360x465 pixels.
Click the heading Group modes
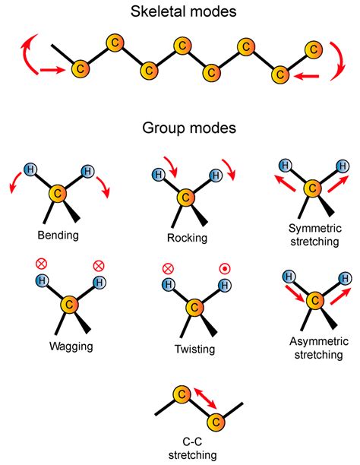[180, 129]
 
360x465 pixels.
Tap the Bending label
[58, 236]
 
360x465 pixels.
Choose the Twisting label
[194, 350]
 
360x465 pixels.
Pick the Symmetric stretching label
[313, 234]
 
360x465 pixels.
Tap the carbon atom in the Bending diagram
[58, 195]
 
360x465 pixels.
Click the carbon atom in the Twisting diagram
[194, 308]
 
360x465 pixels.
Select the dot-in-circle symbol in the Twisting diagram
[225, 268]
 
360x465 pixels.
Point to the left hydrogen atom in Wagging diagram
[43, 282]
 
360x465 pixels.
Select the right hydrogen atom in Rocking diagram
[215, 176]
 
